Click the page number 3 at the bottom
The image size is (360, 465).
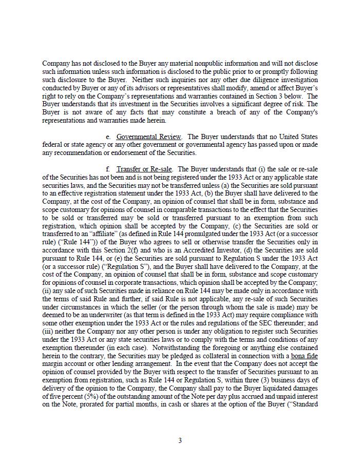(180, 440)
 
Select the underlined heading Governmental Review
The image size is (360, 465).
(148, 137)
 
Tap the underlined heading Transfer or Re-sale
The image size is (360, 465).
(144, 169)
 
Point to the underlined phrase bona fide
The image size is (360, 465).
(305, 356)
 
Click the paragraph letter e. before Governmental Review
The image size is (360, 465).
(108, 137)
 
